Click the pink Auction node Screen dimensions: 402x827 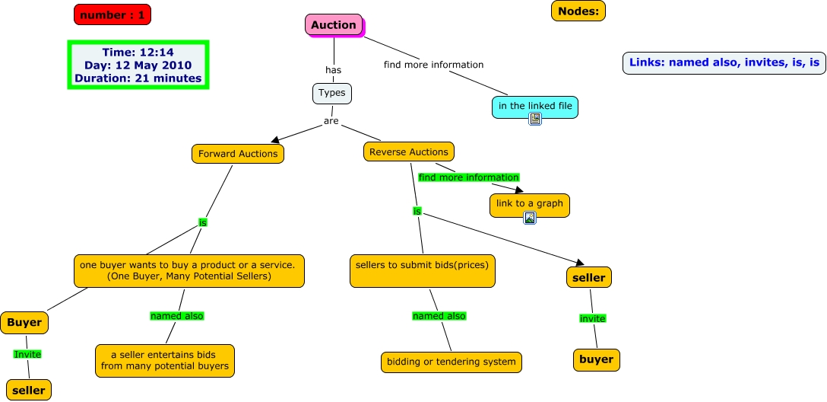tap(334, 25)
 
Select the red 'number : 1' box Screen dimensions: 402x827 tap(112, 14)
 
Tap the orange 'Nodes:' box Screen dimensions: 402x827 tap(578, 11)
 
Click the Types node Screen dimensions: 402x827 tap(332, 93)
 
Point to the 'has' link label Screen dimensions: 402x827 tap(333, 70)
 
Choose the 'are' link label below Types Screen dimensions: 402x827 tap(331, 121)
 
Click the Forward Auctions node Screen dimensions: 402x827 tap(238, 154)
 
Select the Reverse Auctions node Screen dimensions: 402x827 tap(409, 152)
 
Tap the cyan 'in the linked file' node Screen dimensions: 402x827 tap(535, 106)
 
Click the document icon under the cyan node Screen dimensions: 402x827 tap(535, 119)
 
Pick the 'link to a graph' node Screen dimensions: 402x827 tap(530, 203)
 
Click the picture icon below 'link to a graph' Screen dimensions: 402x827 tap(530, 218)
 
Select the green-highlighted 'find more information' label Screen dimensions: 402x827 tap(468, 177)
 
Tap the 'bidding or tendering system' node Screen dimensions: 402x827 tap(452, 362)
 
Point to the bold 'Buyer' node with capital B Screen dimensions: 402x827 tap(24, 323)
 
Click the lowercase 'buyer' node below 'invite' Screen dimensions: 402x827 tap(596, 359)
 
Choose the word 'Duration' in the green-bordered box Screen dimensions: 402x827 tap(101, 78)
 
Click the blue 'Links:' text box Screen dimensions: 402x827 tap(724, 63)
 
